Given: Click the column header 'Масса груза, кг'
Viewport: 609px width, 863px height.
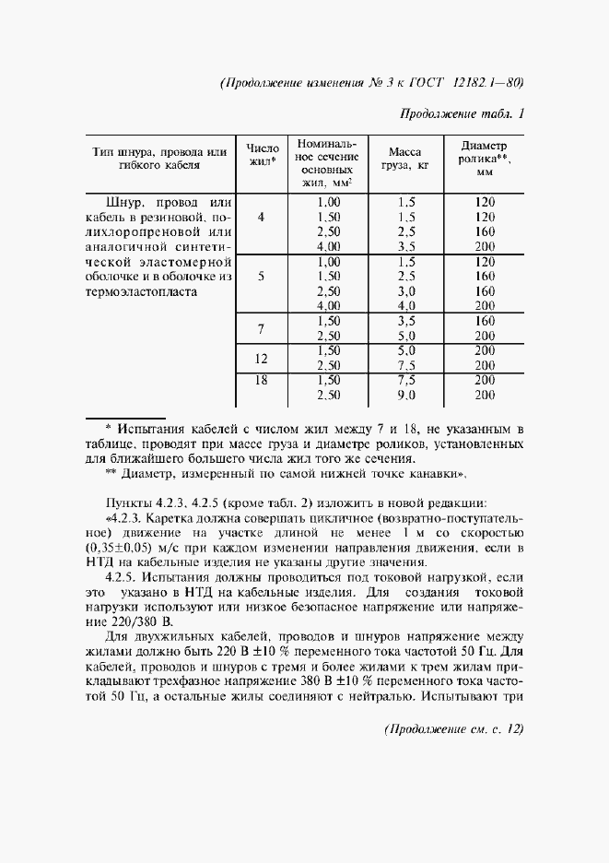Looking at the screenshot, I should point(405,159).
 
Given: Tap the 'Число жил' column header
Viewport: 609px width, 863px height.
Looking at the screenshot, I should point(263,159).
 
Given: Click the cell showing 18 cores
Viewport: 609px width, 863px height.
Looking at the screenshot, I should point(262,380).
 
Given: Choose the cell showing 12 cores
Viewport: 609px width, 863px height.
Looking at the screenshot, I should point(262,358).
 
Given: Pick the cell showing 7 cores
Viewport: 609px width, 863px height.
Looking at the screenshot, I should point(262,328).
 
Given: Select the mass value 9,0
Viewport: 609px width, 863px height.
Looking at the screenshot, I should point(406,395).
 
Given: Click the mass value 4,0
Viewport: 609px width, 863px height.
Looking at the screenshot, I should point(406,306).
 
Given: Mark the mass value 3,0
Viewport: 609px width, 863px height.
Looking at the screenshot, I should point(406,291).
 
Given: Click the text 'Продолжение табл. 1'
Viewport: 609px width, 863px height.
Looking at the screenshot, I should point(463,114).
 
